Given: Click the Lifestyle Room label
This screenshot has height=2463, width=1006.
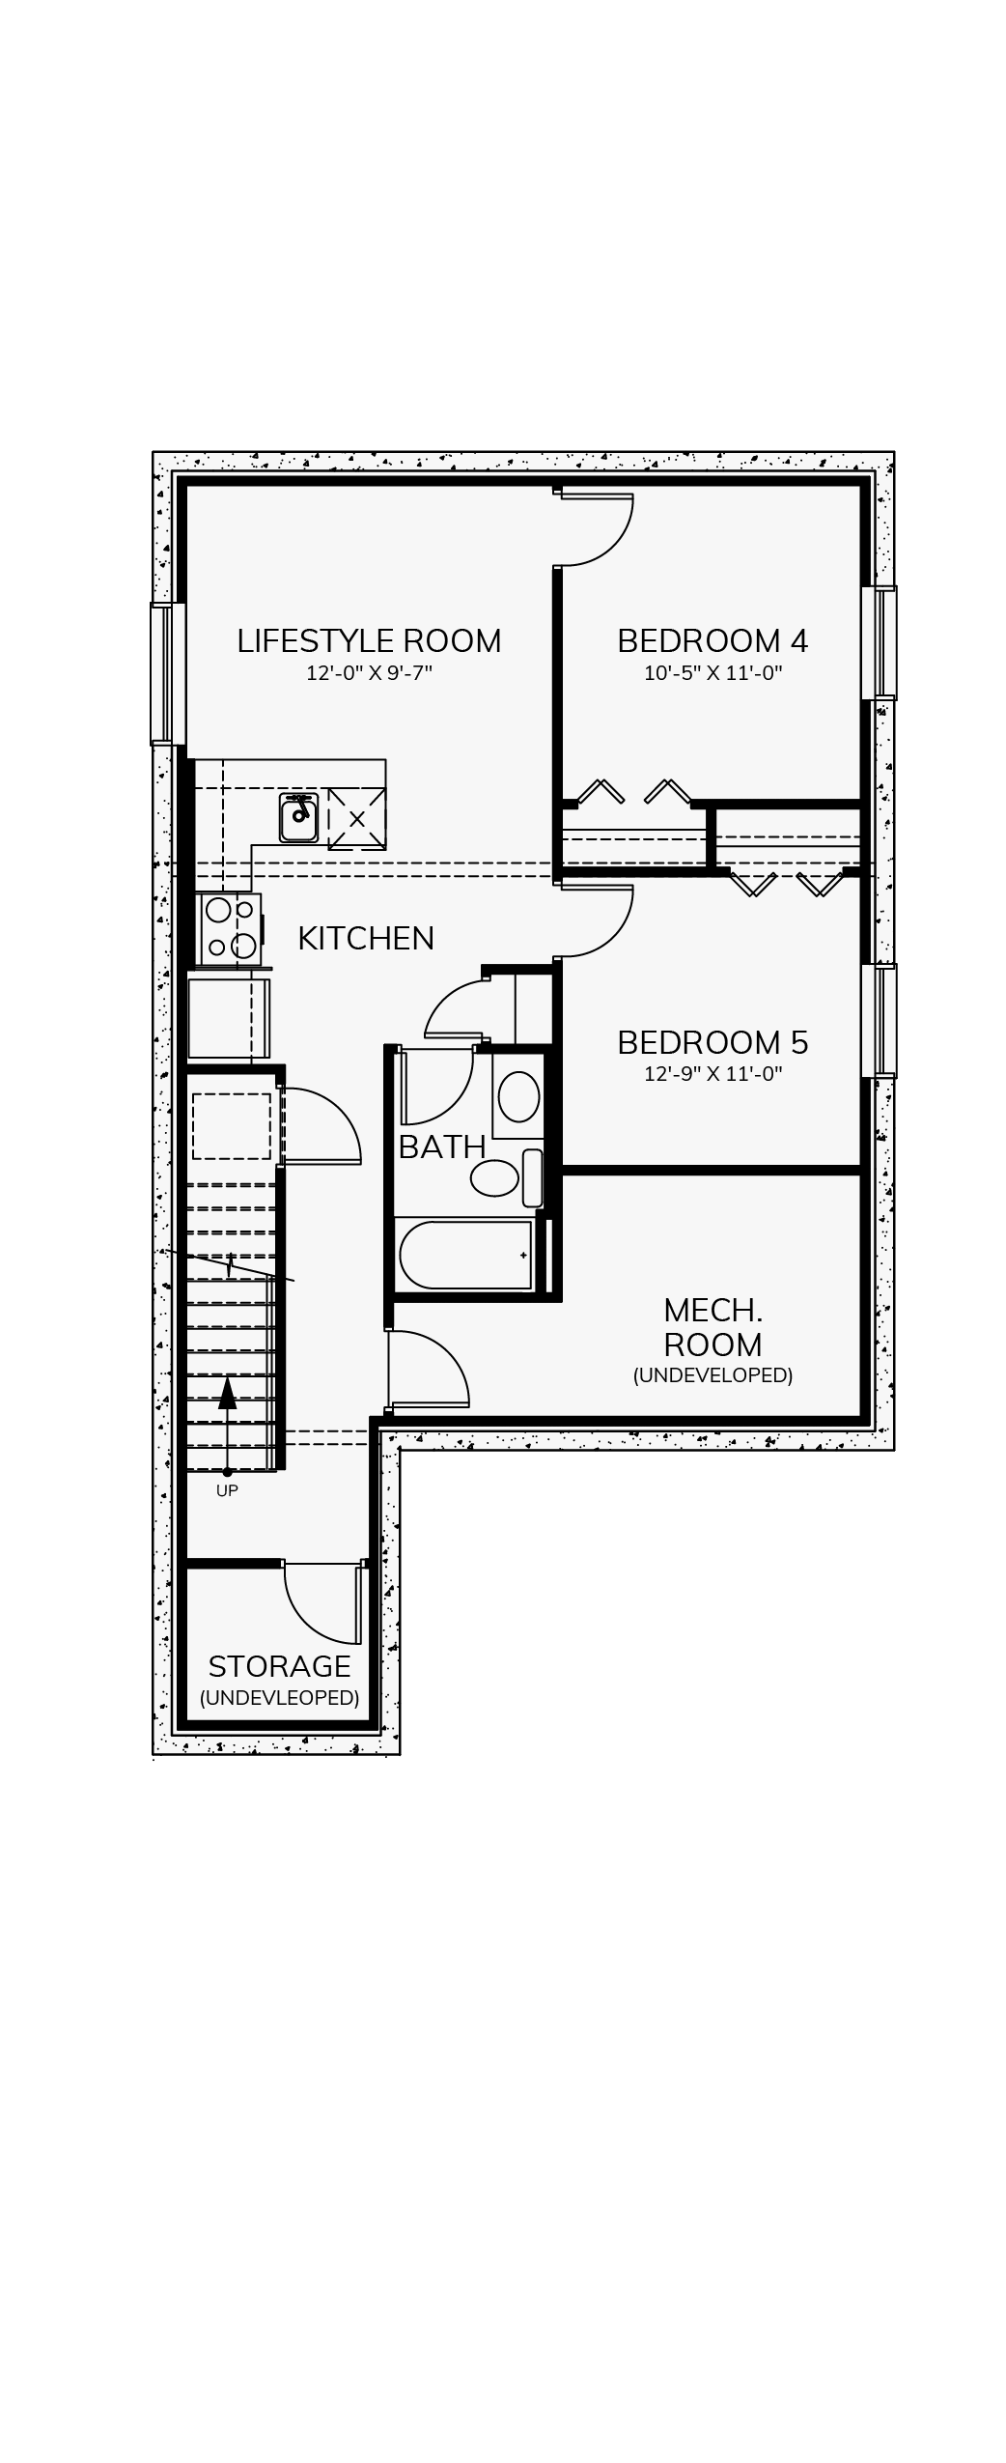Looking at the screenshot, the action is pos(369,641).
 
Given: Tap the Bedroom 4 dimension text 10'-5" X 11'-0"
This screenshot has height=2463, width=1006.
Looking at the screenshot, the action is pos(713,673).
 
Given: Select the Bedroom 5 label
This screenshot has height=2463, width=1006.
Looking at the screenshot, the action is pos(713,1043).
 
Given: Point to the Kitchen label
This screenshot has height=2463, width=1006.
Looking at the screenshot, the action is pos(366,939).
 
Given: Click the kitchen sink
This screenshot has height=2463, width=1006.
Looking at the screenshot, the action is pos(299,818).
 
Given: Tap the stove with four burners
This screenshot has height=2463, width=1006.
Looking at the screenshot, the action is pos(230,930).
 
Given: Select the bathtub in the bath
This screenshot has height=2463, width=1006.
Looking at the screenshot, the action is pos(465,1255).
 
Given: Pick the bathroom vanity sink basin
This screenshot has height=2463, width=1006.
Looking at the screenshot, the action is pos(519,1097).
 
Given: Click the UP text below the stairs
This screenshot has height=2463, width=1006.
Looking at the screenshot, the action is pos(227,1490).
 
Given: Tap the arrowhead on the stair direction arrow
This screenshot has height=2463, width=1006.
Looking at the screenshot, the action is pos(227,1393).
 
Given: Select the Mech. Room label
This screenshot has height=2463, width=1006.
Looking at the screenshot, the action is pos(713,1327).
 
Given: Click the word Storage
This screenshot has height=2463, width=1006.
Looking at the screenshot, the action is pos(279,1666).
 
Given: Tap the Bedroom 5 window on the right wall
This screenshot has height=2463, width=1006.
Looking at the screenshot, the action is pos(879,1021).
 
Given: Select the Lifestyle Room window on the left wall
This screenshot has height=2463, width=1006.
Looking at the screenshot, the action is pos(167,674).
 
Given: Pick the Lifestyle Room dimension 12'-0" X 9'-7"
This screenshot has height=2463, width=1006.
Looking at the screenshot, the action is pos(369,673).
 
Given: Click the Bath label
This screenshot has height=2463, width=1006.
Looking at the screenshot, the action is pos(442,1147).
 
